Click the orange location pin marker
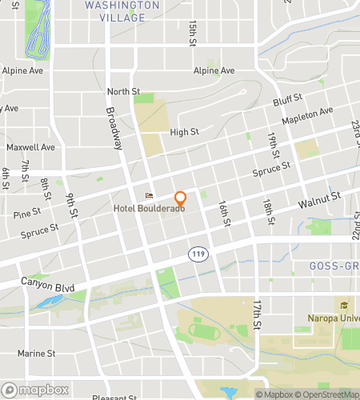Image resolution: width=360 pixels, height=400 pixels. [181, 198]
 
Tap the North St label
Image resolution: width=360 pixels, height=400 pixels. [123, 92]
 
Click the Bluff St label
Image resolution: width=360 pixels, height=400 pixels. [286, 102]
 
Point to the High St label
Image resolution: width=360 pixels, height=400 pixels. [184, 132]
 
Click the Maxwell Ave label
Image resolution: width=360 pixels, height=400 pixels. [30, 147]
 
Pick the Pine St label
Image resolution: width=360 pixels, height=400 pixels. [26, 214]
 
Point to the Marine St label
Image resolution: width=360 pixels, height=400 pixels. [36, 353]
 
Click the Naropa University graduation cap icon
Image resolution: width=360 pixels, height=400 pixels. [345, 305]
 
